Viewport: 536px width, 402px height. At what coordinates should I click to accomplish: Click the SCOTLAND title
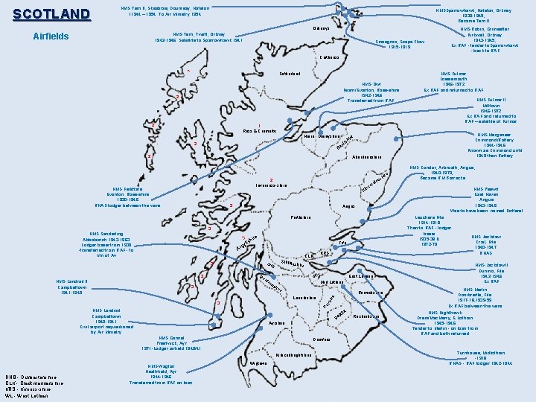pos(51,14)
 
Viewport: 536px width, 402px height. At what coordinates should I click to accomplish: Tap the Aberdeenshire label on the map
pos(351,158)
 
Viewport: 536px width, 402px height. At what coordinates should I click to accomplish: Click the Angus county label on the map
pos(348,206)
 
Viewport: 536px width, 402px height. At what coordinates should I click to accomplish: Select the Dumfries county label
pos(322,339)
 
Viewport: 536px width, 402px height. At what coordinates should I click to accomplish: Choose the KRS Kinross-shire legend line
pos(27,389)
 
